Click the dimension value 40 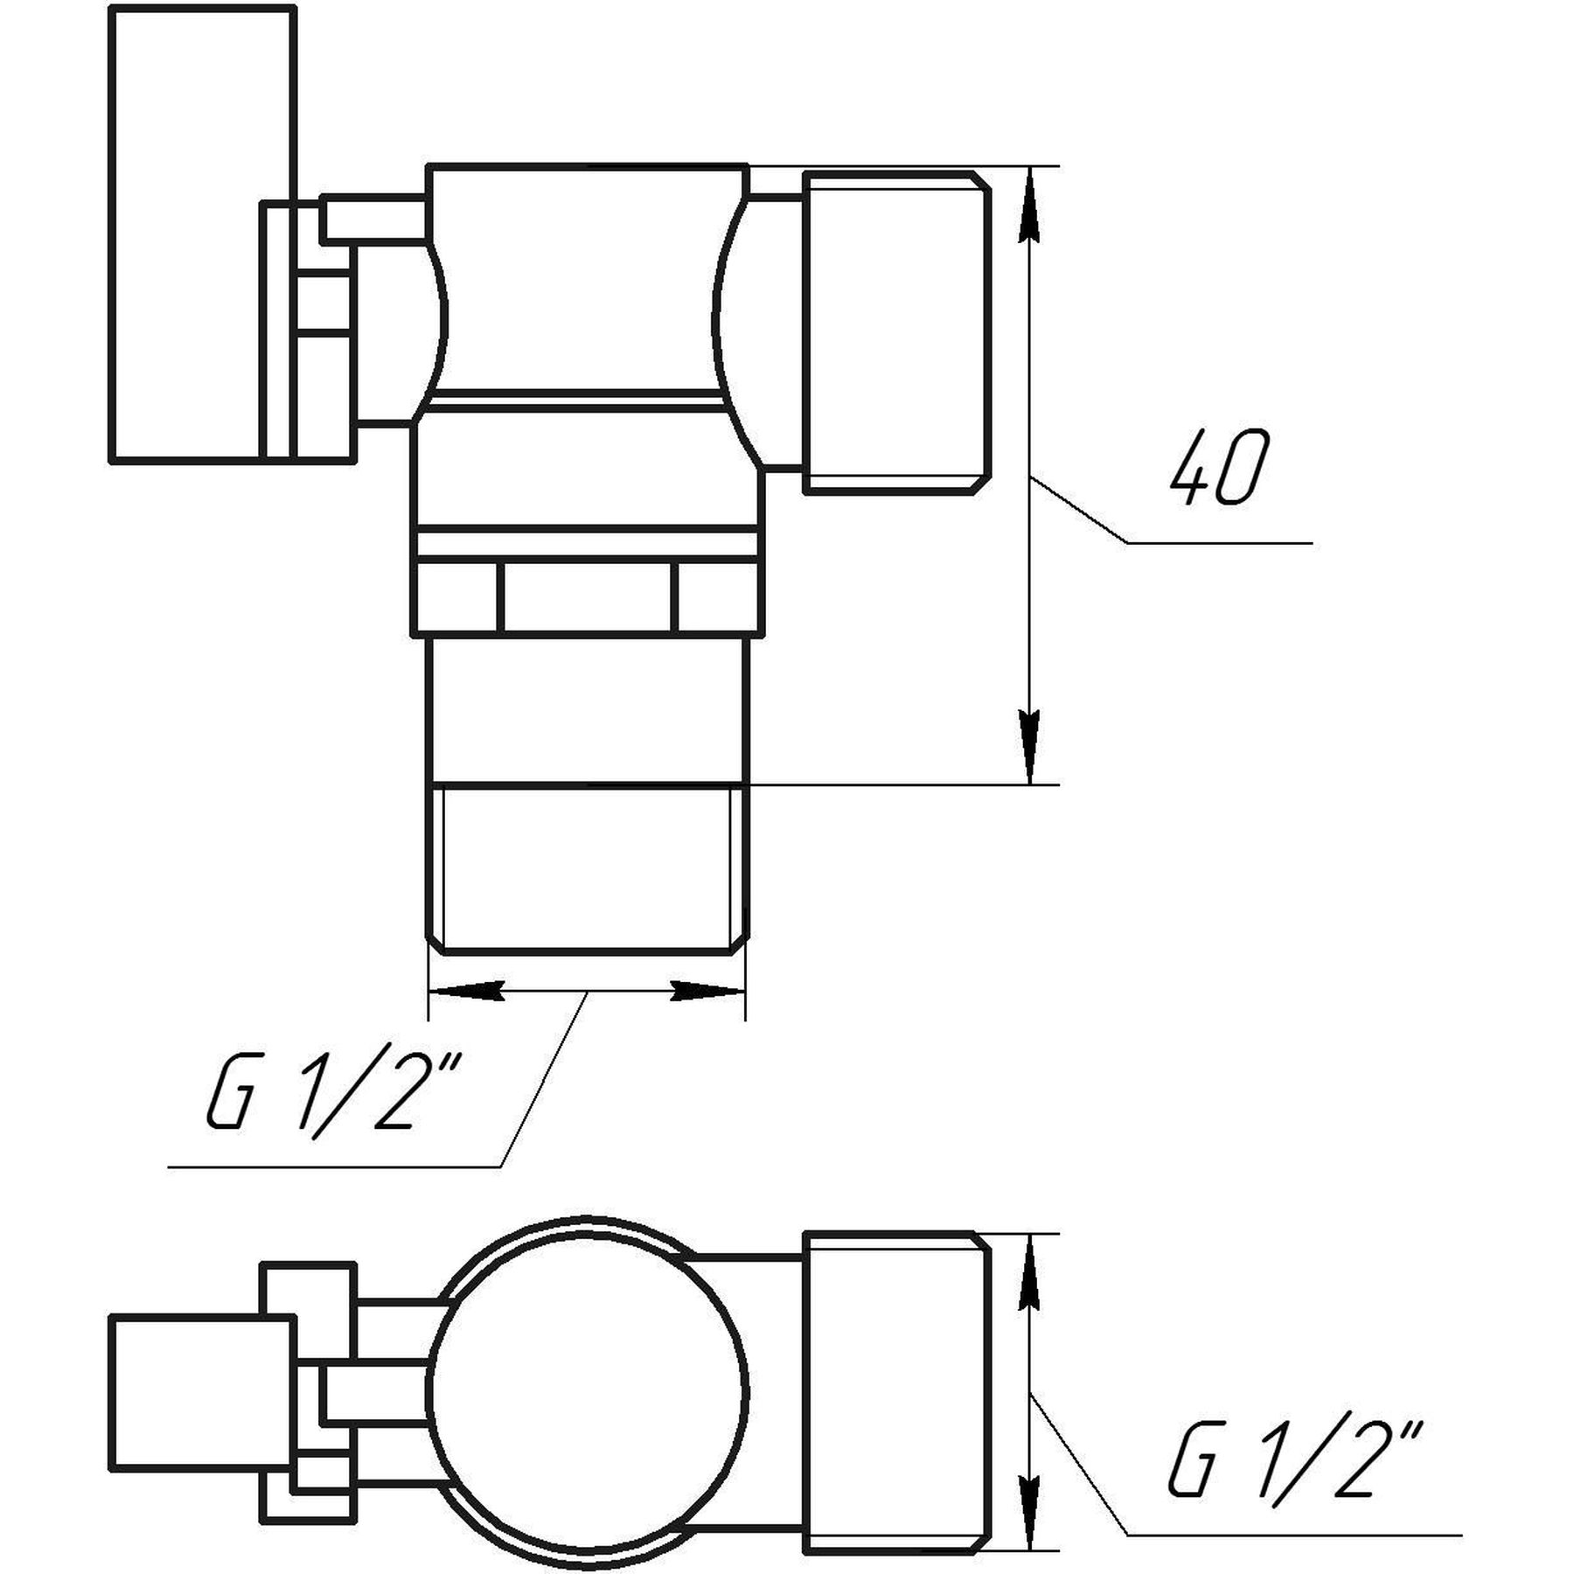pyautogui.click(x=1217, y=468)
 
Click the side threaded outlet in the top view pyautogui.click(x=896, y=332)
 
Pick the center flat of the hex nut pyautogui.click(x=588, y=597)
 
